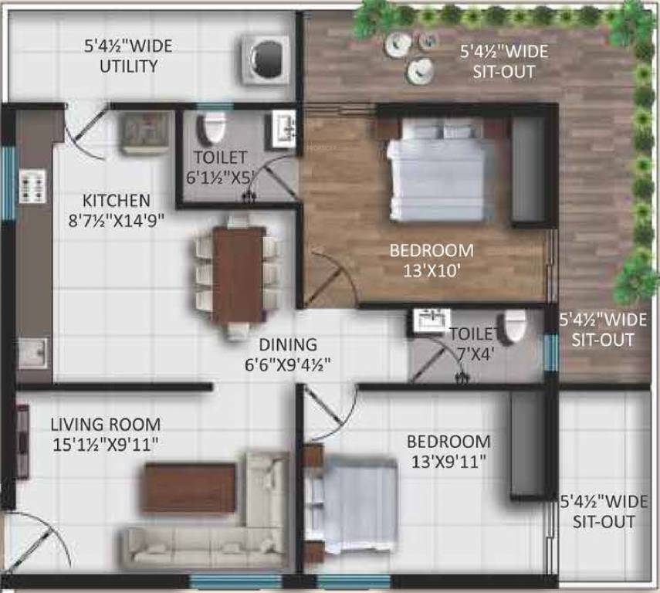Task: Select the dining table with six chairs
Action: click(x=238, y=274)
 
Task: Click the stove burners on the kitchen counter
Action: click(x=32, y=186)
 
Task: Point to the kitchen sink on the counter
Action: click(x=32, y=353)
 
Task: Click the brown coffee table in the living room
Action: click(x=189, y=487)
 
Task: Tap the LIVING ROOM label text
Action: click(x=106, y=424)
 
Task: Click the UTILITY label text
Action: click(x=128, y=66)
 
